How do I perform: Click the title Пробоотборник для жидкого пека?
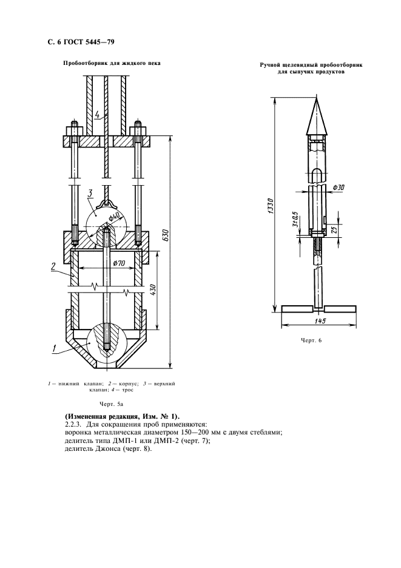click(112, 63)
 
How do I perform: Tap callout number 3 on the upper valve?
click(89, 194)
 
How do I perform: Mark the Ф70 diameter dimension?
click(119, 263)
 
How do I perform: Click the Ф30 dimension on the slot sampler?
click(339, 188)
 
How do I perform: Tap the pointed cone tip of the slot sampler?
click(317, 100)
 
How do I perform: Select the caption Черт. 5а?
click(111, 403)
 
